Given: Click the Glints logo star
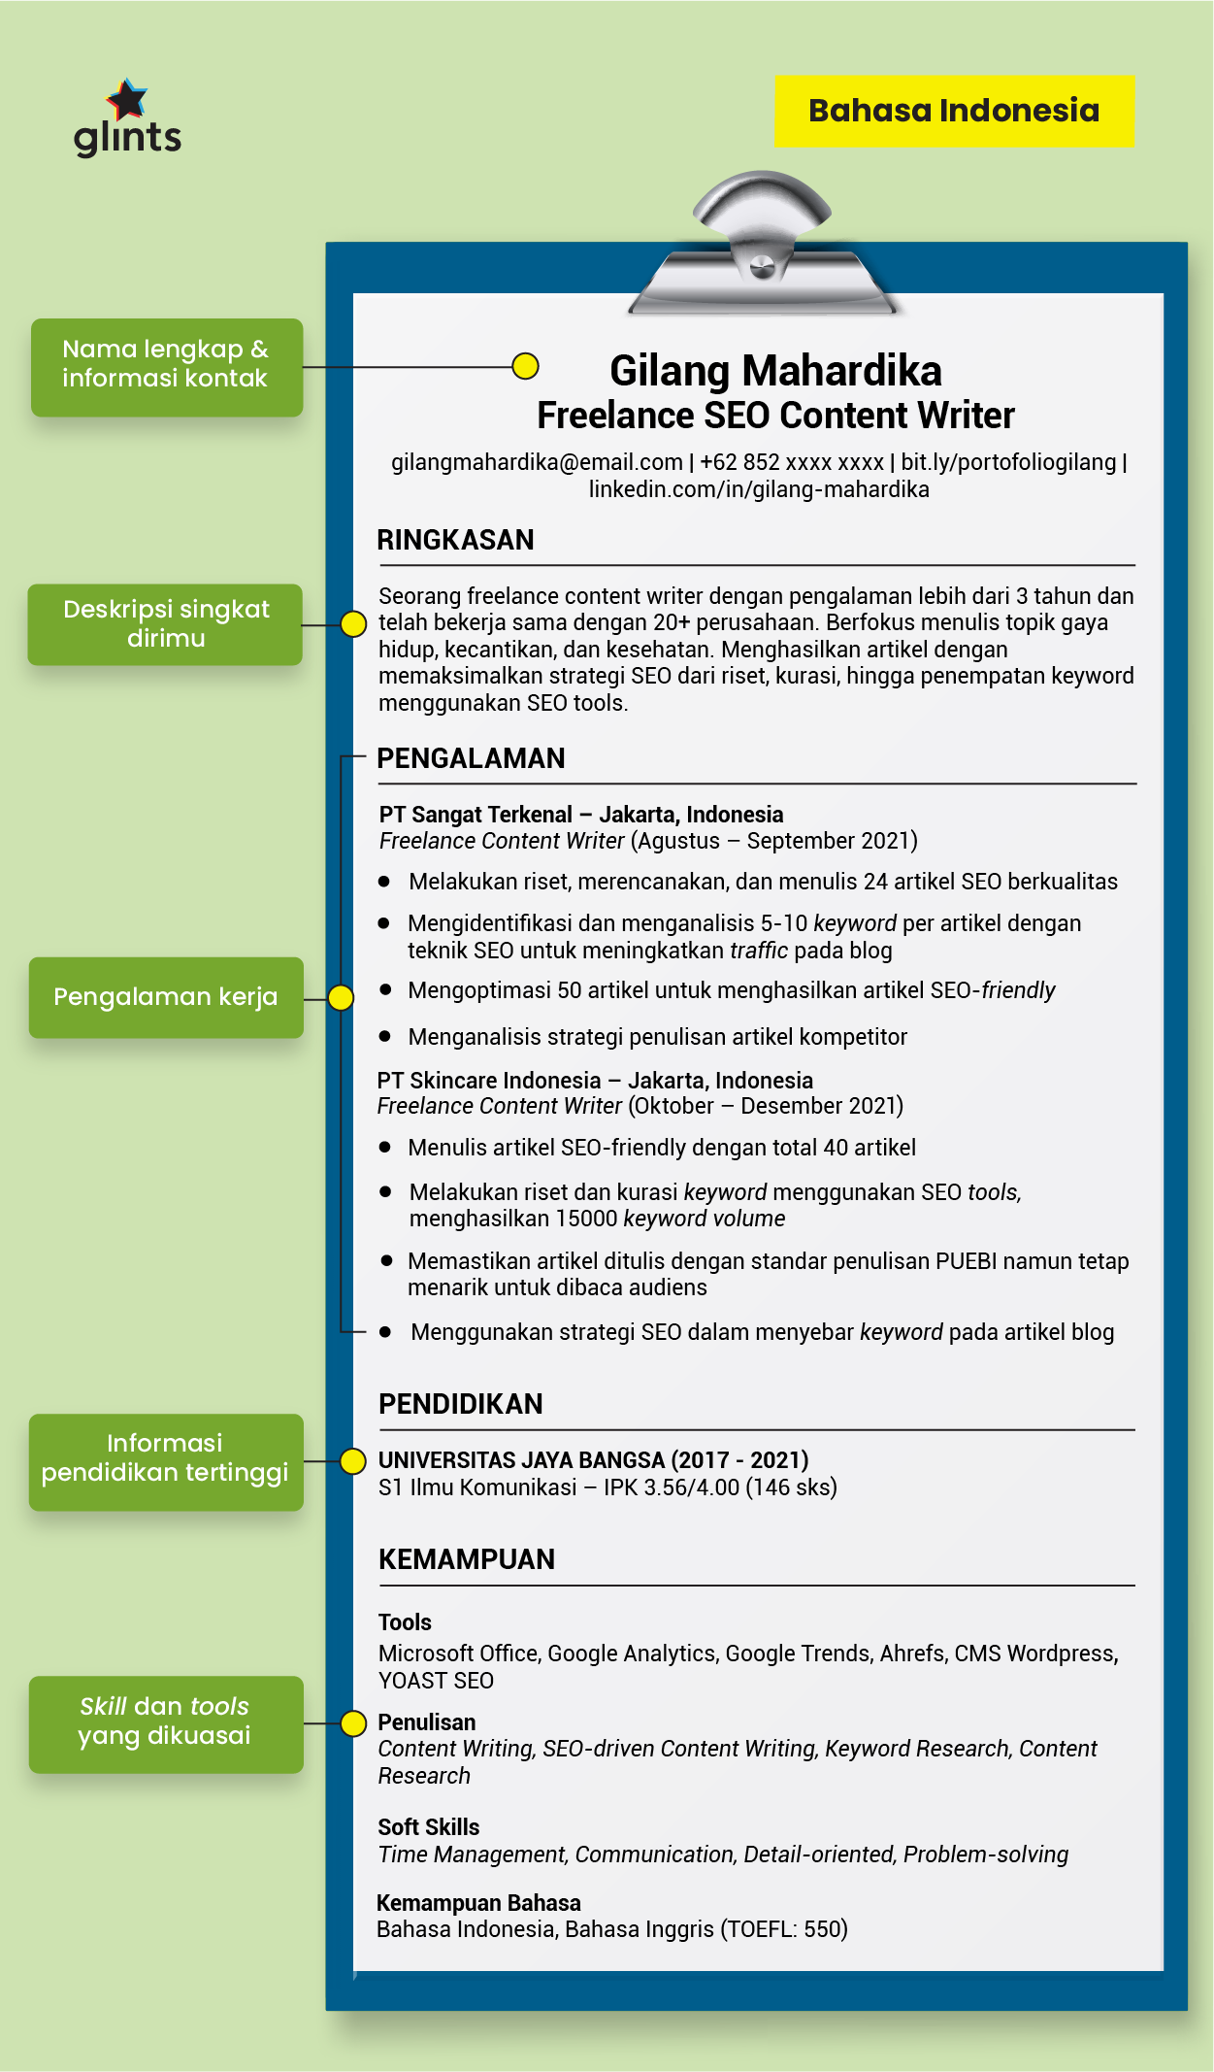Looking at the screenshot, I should coord(127,98).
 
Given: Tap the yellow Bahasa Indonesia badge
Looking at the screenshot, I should coord(954,111).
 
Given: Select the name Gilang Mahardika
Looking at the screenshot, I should coord(775,371).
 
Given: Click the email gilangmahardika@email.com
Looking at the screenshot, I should coord(537,462).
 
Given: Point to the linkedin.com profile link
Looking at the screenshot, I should coord(759,489).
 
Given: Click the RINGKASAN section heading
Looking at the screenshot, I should coord(455,540).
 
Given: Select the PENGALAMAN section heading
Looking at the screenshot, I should coord(471,758).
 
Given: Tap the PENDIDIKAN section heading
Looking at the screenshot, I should coord(460,1404).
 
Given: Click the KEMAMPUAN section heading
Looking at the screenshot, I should coord(467,1559).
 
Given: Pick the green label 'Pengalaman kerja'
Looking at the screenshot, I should coord(166,997).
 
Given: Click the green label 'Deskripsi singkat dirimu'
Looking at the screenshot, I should coord(166,623).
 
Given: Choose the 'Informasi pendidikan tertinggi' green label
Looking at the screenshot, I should coord(166,1458).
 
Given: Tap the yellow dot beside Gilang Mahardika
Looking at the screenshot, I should coord(525,366).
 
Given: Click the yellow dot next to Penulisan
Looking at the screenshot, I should coord(353,1723).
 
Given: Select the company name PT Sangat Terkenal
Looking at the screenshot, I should coord(476,815).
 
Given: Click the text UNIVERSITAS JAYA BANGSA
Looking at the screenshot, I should coord(521,1460).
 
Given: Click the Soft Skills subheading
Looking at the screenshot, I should coord(428,1827).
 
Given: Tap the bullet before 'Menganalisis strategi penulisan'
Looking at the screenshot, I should coord(385,1037).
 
